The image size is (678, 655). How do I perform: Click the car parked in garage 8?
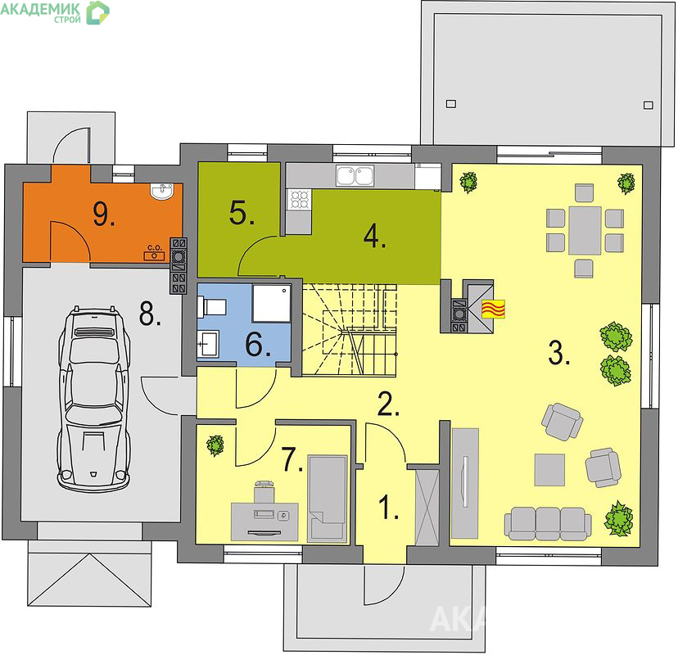pos(94,399)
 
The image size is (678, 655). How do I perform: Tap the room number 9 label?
pos(104,214)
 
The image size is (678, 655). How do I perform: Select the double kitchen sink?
pos(355,176)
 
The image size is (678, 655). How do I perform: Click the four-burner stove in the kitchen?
pos(299,199)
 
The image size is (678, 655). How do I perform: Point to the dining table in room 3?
pos(585,230)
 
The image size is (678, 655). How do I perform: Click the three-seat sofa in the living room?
pos(548,523)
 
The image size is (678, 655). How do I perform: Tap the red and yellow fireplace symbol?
pos(494,309)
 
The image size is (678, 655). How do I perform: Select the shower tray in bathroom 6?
pos(271,303)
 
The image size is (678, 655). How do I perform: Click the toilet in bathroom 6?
pos(211,306)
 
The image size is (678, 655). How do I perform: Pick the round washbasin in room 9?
pos(162,191)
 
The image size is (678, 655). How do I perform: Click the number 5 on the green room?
pos(242,213)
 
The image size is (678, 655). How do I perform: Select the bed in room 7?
pos(328,498)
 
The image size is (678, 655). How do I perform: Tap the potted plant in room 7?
pos(215,445)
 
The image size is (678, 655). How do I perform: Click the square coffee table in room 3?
pos(549,470)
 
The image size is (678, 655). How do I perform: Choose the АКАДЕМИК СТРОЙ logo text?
pos(41,11)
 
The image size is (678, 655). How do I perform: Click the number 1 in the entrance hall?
pos(389,507)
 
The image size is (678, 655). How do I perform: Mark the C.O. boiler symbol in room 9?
pos(155,252)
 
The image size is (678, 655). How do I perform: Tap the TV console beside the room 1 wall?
pos(465,483)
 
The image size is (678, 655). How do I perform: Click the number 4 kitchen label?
pos(375,237)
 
